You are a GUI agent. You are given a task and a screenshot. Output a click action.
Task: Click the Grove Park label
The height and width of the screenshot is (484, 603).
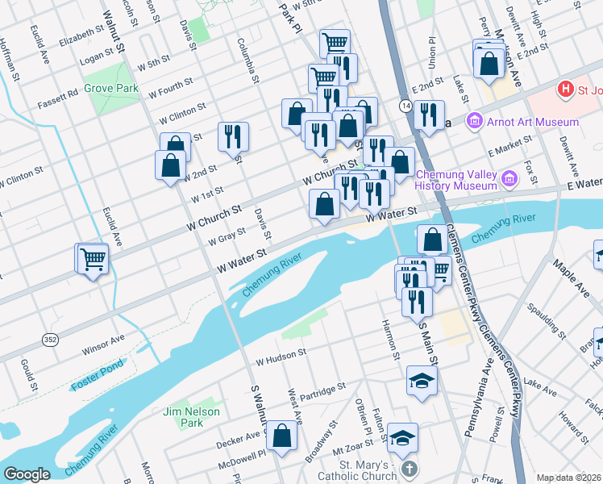[110, 89]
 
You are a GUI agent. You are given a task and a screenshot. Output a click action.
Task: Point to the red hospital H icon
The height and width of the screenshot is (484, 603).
[566, 88]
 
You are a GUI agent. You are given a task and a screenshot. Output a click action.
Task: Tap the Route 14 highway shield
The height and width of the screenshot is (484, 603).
[404, 105]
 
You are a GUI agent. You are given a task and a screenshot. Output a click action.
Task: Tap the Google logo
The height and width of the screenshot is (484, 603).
[27, 474]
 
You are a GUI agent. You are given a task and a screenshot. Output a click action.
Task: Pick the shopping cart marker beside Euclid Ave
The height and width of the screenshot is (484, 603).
[94, 259]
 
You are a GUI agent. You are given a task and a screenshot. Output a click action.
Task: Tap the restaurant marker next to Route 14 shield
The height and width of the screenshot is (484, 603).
[429, 114]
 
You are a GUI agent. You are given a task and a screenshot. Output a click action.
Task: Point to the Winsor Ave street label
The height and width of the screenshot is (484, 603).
[103, 344]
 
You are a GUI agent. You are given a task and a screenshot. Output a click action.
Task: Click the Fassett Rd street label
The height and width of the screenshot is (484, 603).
[61, 94]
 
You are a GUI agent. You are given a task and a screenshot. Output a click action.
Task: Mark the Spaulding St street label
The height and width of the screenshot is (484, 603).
[541, 309]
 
